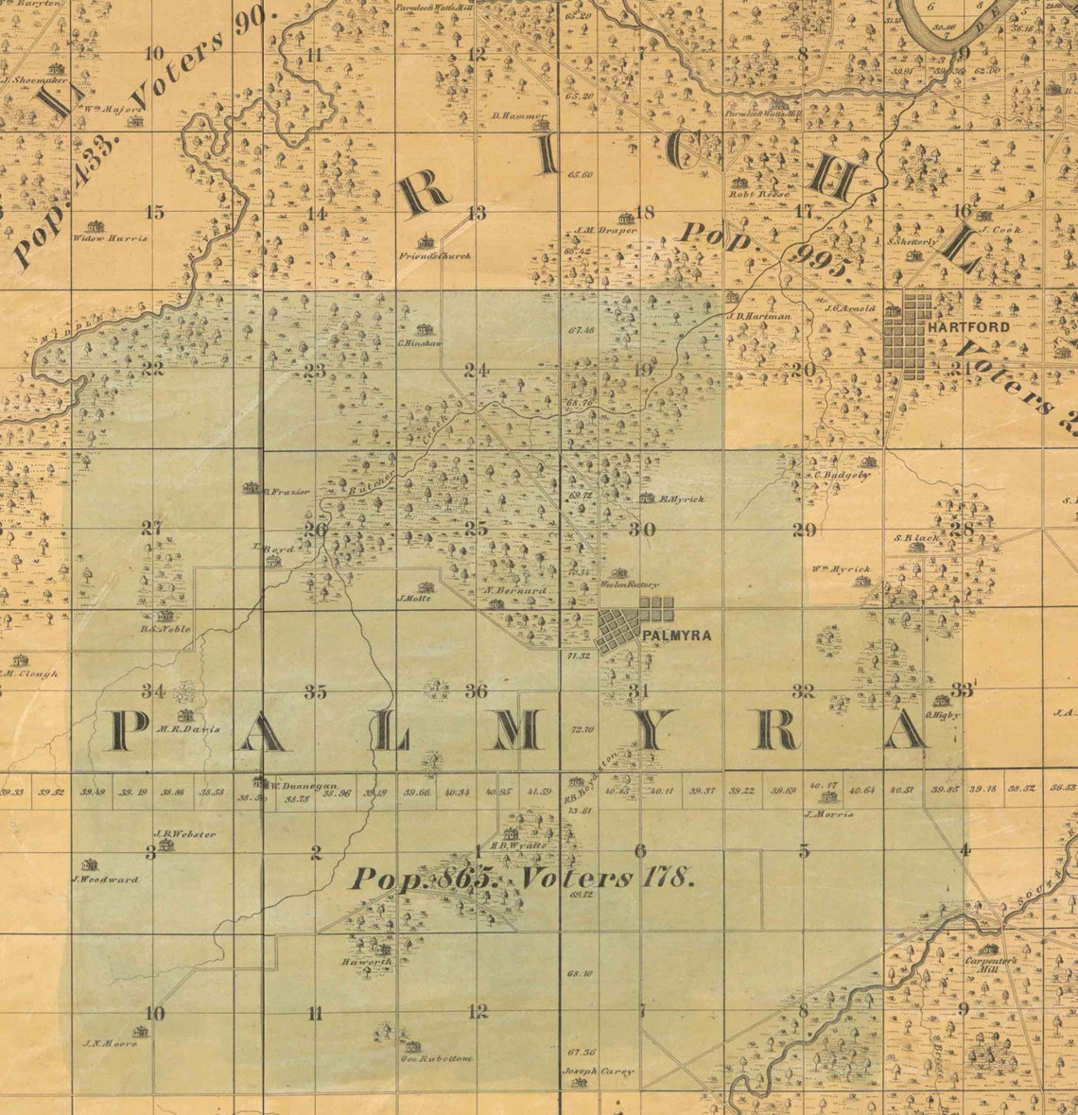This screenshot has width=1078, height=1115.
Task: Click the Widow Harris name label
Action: click(110, 238)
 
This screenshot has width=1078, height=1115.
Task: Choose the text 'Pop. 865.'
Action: click(423, 879)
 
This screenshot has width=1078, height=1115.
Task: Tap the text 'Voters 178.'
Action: click(609, 878)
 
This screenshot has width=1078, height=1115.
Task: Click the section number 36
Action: click(477, 691)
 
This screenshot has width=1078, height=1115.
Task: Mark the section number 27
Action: click(151, 528)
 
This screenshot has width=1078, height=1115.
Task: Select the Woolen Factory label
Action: click(629, 585)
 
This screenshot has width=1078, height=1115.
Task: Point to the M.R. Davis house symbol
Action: click(184, 715)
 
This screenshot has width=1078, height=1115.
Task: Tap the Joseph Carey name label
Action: click(598, 1071)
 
